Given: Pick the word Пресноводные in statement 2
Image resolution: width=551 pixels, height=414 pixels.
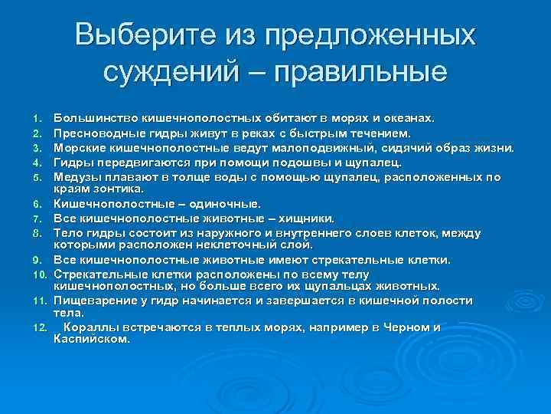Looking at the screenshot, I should [x=98, y=133].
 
